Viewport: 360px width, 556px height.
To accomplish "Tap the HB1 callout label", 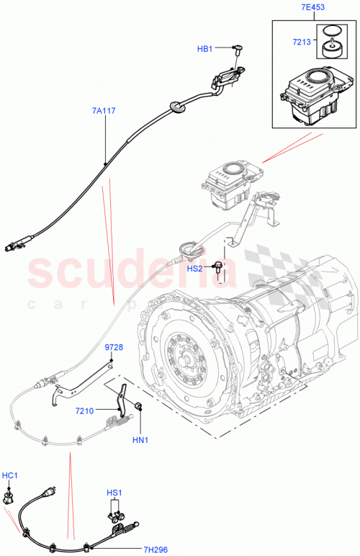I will (x=205, y=49).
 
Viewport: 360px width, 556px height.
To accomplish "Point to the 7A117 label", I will (x=104, y=111).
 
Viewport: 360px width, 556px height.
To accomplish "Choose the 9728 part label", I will (x=114, y=347).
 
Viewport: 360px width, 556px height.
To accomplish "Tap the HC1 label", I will (x=11, y=476).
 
